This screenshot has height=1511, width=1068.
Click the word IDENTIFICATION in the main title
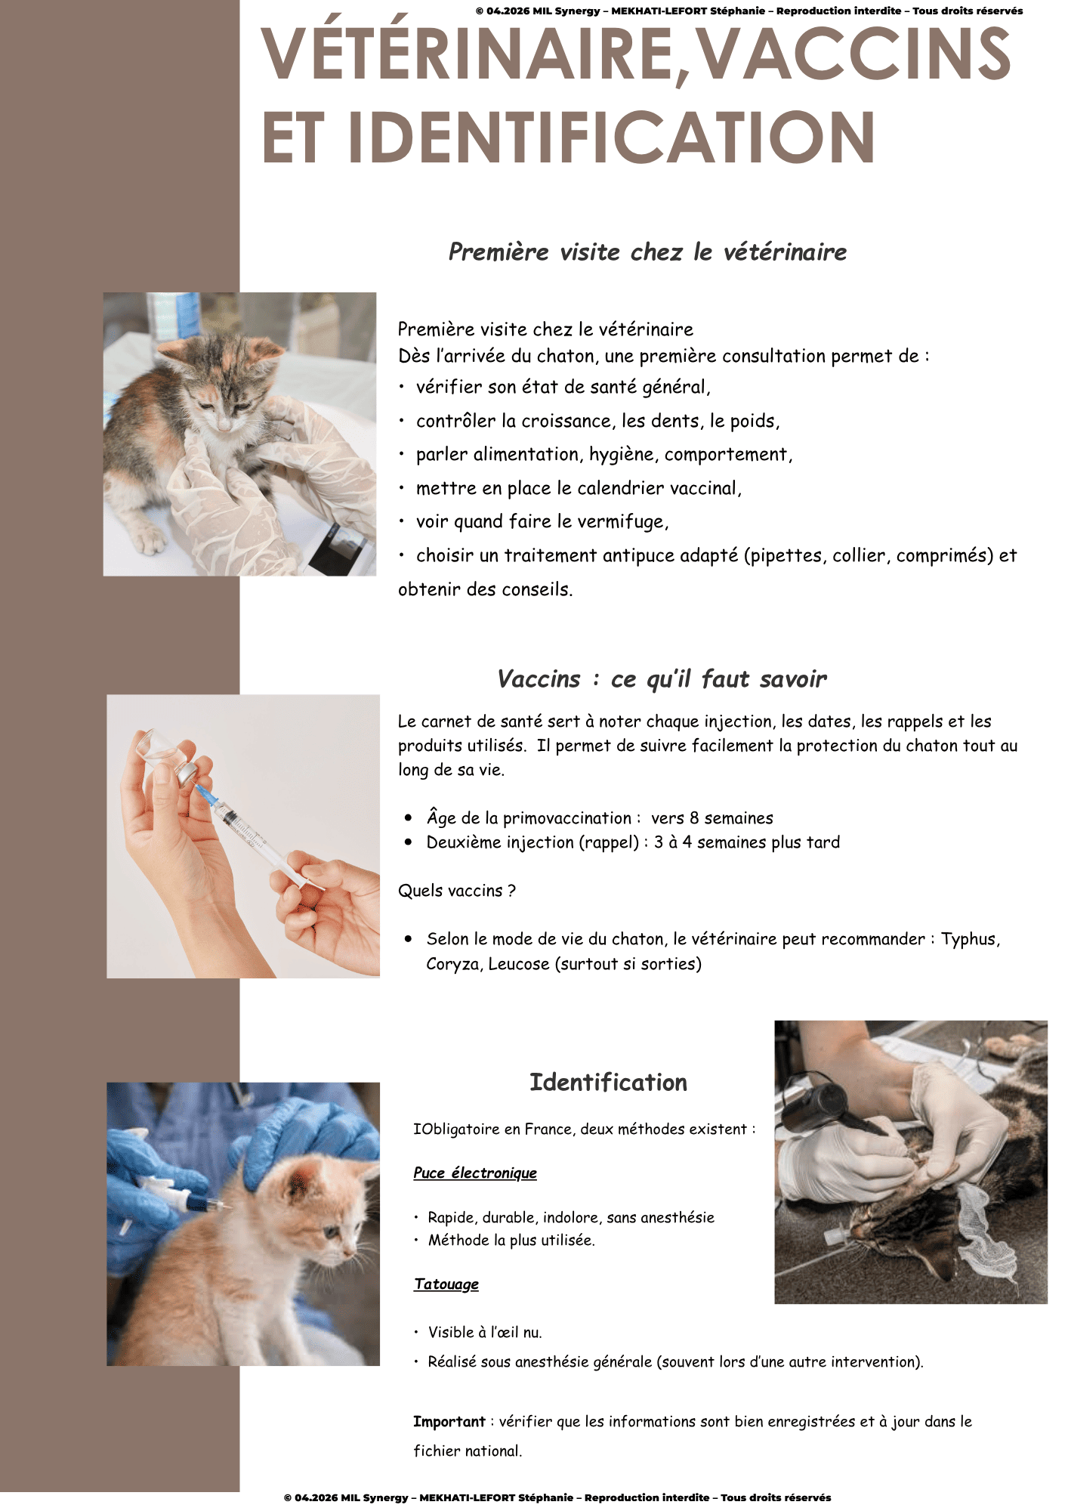[611, 137]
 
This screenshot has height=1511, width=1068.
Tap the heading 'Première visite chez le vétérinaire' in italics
[647, 252]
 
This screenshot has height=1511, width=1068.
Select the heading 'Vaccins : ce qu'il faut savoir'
[662, 678]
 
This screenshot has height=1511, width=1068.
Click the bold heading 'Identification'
[608, 1082]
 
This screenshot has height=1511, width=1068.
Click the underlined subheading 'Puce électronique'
[475, 1173]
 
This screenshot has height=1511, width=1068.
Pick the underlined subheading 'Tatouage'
[446, 1284]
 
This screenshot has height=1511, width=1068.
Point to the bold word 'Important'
[449, 1421]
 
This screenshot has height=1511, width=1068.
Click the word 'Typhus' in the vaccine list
[971, 939]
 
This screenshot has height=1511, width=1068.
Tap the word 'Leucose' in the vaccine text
[519, 964]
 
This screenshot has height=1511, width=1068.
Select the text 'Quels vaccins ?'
[457, 891]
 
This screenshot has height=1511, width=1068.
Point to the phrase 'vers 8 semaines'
[712, 818]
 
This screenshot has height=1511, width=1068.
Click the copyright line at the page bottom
[557, 1497]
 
